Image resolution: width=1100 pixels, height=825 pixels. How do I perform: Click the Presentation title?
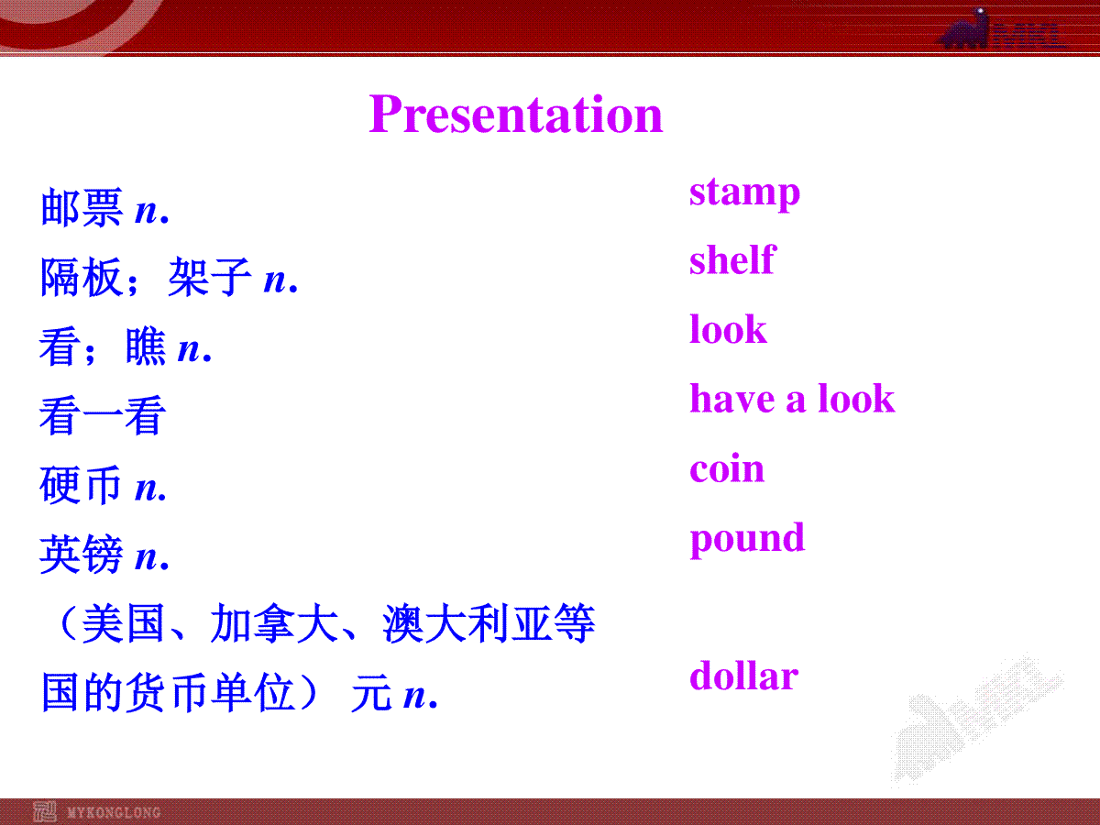point(516,115)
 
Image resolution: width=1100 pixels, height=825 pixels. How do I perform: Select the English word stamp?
point(744,193)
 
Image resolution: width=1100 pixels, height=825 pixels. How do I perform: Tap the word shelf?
point(732,259)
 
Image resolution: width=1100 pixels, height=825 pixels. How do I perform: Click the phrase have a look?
point(792,398)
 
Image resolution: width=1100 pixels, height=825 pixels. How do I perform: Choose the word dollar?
point(743,675)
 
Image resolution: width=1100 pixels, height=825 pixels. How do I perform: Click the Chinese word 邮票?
point(82,207)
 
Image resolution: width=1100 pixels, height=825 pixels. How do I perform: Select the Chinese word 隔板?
point(82,277)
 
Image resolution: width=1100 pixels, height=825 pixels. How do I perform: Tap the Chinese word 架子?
point(210,277)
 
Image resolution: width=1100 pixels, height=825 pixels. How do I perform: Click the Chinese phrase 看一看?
point(103,415)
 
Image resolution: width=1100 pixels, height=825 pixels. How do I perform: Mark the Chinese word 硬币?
point(81,484)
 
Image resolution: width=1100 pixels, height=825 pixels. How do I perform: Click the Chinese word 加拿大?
point(274,622)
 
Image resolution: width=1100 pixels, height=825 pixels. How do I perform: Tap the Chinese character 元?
point(371,692)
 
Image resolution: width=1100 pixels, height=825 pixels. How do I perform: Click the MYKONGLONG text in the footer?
point(114,812)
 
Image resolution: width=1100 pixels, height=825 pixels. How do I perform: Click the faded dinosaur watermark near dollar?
point(976,721)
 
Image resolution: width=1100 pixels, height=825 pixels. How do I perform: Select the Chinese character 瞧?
point(146,346)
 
